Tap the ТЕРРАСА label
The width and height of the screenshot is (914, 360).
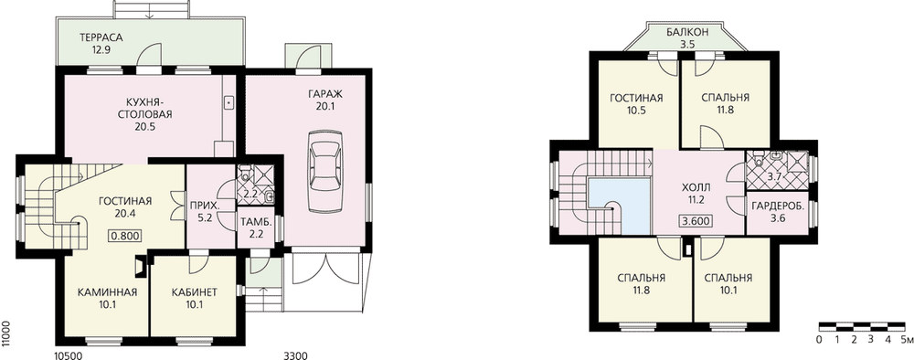[101, 37]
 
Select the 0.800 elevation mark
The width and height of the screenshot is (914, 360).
[125, 236]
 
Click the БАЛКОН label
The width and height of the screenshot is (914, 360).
[688, 32]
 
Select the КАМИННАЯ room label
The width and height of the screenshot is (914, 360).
[107, 292]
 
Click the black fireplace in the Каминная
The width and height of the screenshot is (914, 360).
[139, 264]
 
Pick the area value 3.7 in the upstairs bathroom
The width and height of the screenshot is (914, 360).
[774, 176]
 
